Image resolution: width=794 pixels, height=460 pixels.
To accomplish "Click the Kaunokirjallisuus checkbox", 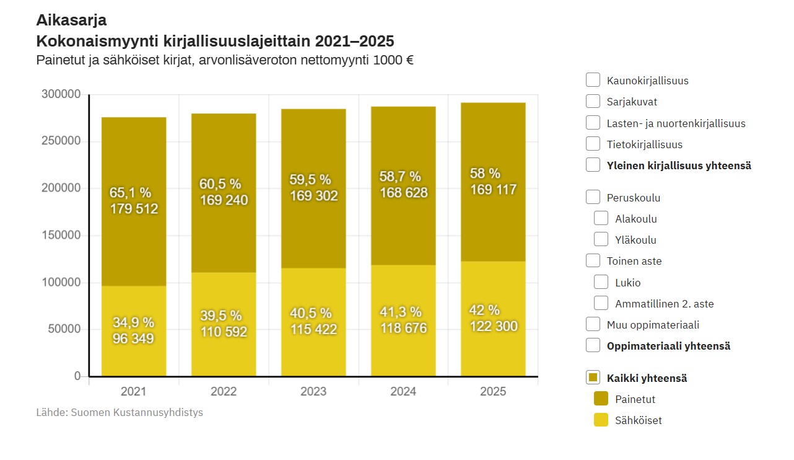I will click(593, 80).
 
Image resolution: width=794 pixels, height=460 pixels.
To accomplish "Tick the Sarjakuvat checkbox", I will click(593, 101).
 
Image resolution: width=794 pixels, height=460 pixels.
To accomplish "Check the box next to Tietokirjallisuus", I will click(593, 144).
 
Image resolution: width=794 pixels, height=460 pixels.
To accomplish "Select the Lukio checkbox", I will click(601, 282).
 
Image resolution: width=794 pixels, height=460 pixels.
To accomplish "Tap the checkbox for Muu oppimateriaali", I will click(593, 324).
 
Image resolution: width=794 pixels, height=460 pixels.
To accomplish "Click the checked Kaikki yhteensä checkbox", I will click(593, 378).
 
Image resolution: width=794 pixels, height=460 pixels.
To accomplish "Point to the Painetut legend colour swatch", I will click(601, 399).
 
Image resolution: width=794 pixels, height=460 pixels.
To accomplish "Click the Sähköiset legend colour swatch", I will click(601, 420).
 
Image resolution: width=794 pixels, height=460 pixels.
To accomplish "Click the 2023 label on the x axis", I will click(313, 392).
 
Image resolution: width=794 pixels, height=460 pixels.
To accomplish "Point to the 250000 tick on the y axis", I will click(61, 141).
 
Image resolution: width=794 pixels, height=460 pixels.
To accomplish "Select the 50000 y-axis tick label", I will click(64, 329).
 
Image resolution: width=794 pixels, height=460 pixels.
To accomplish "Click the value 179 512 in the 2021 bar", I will click(134, 209).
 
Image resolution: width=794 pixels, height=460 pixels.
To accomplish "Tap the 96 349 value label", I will click(133, 338).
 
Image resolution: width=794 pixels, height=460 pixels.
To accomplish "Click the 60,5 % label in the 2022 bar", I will click(220, 184).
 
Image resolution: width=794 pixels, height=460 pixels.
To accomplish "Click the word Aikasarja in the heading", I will click(71, 20).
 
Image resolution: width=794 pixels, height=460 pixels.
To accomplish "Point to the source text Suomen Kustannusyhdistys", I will click(137, 412).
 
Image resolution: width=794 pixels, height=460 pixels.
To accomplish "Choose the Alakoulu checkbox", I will click(601, 218).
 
